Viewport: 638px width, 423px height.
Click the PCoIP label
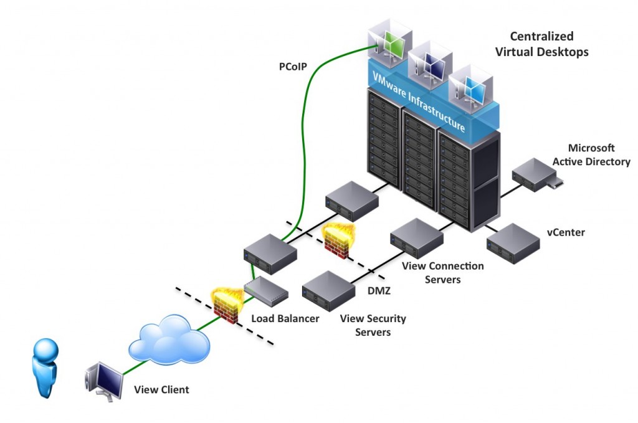coord(292,65)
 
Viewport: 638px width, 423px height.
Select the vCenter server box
coord(512,242)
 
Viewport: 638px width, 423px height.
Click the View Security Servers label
coord(373,325)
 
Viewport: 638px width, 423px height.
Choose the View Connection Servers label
coord(442,273)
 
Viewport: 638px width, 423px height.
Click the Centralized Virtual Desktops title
coord(541,44)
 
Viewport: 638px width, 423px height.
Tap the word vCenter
coord(565,232)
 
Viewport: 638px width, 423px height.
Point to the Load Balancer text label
coord(285,318)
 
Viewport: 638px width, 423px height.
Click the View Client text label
coord(161,390)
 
